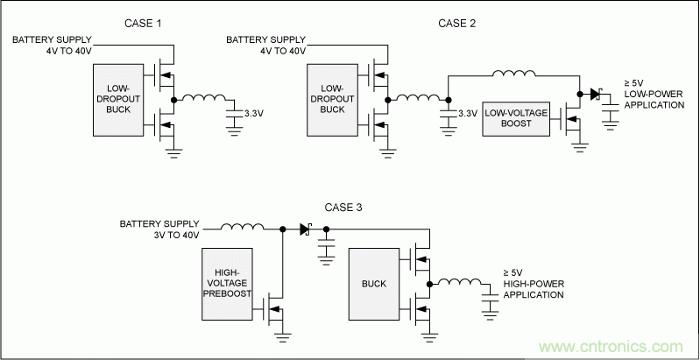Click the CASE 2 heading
pyautogui.click(x=456, y=22)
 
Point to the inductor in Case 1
pyautogui.click(x=203, y=99)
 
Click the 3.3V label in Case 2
pyautogui.click(x=468, y=113)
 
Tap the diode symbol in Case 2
pyautogui.click(x=596, y=92)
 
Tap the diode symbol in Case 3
pyautogui.click(x=306, y=229)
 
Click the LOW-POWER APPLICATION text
pyautogui.click(x=653, y=99)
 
